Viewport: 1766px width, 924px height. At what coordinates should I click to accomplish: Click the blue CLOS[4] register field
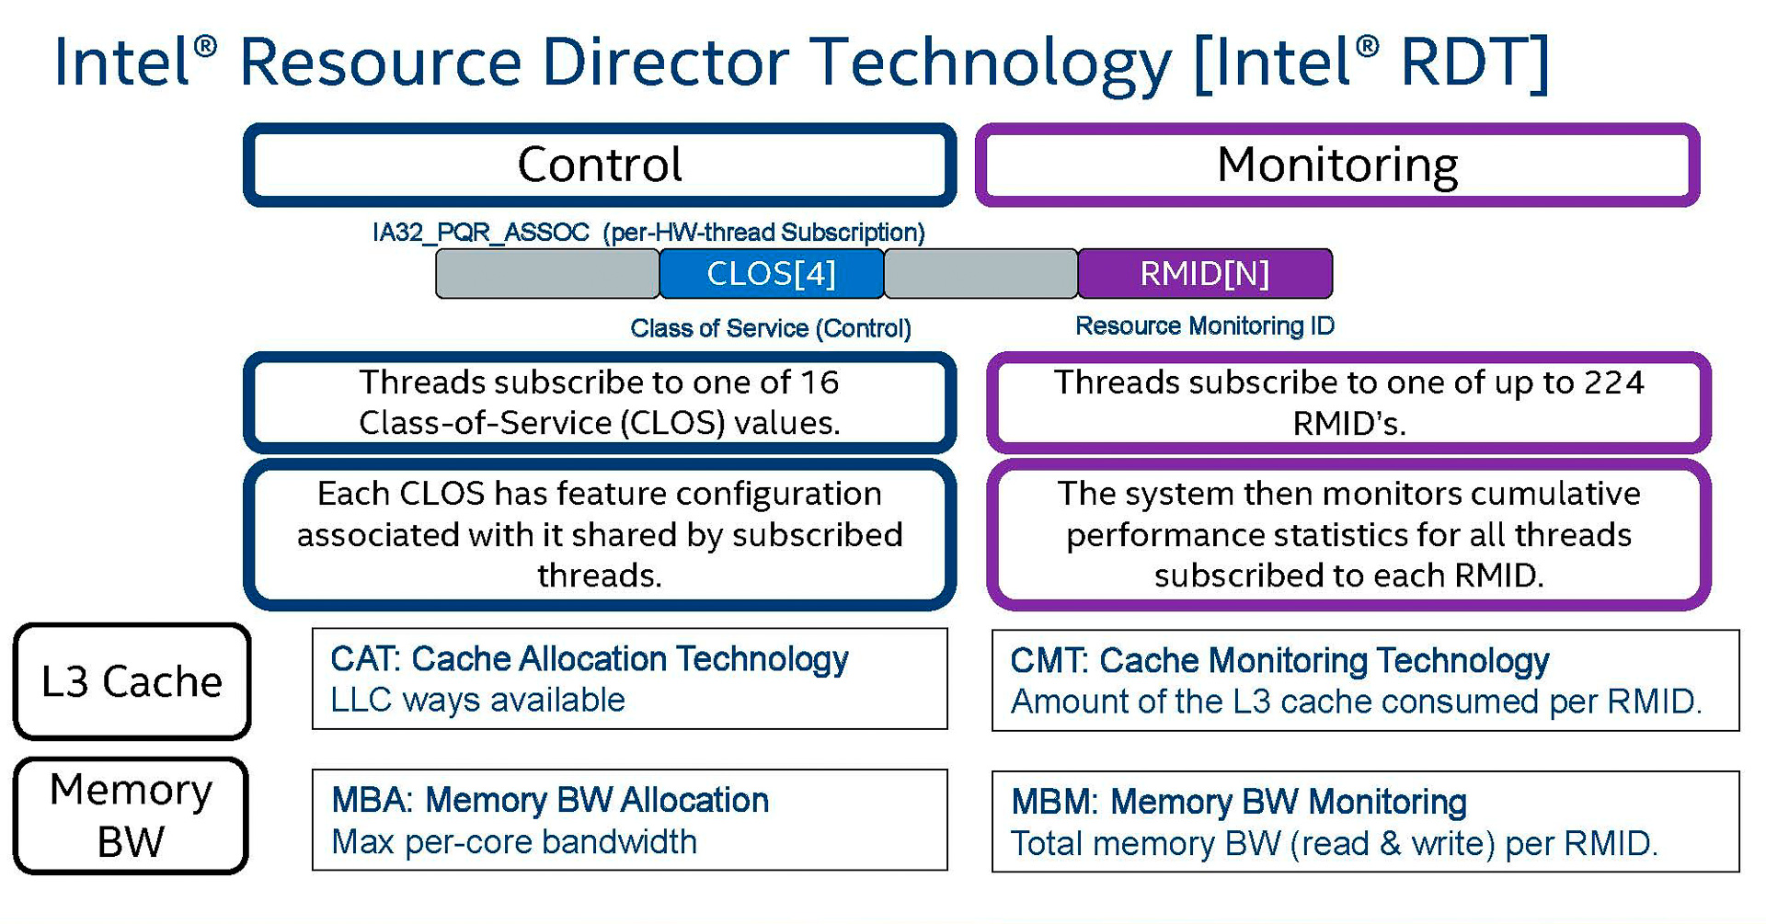(x=771, y=274)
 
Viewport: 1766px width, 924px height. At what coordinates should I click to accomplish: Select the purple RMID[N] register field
(x=1204, y=274)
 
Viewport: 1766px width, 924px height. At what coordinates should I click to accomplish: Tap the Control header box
(x=600, y=165)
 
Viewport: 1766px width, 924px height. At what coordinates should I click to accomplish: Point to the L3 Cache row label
(x=132, y=681)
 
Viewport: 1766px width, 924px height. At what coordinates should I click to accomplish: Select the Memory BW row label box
(x=131, y=816)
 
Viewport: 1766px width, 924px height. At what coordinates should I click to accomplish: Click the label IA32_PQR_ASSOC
(x=480, y=233)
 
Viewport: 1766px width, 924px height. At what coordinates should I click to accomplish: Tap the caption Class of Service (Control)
(x=770, y=328)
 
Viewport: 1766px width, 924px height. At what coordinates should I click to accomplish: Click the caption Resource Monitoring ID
(x=1204, y=326)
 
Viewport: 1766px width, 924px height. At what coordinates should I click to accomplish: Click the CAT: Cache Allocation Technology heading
(x=589, y=659)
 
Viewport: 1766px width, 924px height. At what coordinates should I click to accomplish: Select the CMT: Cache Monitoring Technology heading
(x=1279, y=661)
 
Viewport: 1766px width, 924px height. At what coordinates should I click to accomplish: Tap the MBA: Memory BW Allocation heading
(x=549, y=801)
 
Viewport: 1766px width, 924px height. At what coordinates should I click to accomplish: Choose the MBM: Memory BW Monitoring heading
(x=1238, y=803)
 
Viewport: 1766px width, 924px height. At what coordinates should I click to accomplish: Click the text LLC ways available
(x=477, y=701)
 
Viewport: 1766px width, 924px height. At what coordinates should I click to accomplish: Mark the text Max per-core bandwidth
(x=513, y=842)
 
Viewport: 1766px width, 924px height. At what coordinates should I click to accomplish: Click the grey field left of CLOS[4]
(x=547, y=274)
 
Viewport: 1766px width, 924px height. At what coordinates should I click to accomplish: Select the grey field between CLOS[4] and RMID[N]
(x=980, y=274)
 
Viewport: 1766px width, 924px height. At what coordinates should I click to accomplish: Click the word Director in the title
(x=665, y=63)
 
